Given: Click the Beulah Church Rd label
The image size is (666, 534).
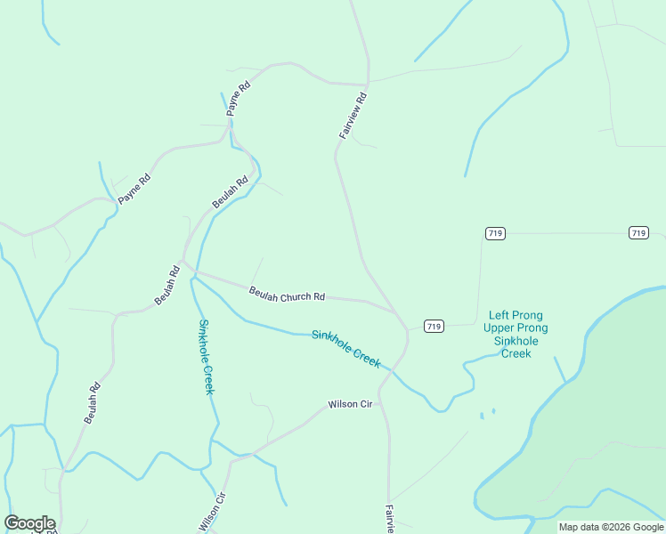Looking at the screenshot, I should click(287, 293).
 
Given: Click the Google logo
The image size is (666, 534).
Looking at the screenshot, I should click(29, 523).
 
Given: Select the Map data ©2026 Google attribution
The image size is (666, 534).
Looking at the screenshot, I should click(611, 527).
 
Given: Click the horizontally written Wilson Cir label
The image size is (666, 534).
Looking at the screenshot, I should click(350, 404).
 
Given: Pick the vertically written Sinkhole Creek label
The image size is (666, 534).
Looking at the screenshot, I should click(207, 356).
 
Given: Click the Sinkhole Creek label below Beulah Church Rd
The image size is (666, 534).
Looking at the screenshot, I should click(346, 348).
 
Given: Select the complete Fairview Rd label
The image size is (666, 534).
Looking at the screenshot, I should click(353, 116).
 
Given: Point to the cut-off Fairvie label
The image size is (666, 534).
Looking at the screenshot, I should click(389, 519).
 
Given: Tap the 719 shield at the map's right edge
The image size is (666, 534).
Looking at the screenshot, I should click(638, 232).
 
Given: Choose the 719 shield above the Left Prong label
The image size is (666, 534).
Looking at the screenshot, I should click(496, 232).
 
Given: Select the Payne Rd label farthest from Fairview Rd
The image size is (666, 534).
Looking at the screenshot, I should click(134, 189).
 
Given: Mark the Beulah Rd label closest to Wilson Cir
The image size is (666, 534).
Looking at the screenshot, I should click(93, 402).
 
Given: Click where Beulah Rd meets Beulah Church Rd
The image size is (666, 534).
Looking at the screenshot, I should click(183, 264).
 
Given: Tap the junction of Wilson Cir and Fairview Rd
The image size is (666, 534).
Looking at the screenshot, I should click(380, 392).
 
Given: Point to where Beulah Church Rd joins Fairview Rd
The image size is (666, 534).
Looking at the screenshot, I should click(398, 313).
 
